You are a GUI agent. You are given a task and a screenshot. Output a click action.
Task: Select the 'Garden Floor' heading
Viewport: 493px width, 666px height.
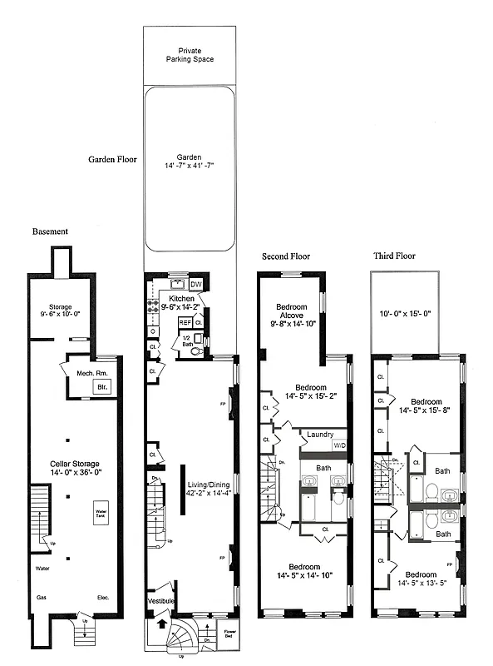click(x=113, y=159)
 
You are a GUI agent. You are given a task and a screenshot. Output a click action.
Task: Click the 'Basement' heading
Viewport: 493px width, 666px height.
click(x=50, y=231)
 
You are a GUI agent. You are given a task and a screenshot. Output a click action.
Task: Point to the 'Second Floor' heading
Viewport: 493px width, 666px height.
click(x=286, y=256)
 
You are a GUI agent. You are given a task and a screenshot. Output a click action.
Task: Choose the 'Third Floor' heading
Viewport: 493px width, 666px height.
click(x=393, y=256)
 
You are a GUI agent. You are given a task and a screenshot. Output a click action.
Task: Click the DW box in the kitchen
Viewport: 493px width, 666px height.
click(x=195, y=285)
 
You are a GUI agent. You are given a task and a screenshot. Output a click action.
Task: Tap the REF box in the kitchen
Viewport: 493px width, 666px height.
click(x=185, y=322)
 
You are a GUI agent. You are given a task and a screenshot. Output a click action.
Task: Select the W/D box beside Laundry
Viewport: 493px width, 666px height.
click(x=339, y=445)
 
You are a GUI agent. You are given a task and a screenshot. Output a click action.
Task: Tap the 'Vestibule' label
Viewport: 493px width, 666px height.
click(x=161, y=599)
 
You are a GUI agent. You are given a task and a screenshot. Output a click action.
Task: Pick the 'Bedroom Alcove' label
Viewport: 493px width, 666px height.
click(x=290, y=312)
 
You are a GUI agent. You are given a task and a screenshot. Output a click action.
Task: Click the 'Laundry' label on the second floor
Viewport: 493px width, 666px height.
click(x=319, y=435)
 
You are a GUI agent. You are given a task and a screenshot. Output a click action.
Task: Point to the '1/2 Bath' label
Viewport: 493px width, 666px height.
click(x=187, y=339)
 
